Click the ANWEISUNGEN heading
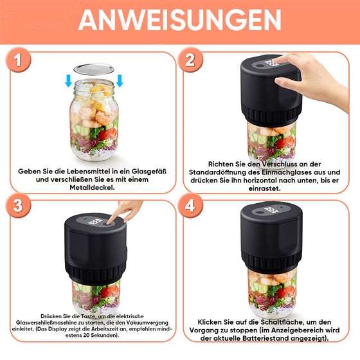tap(180, 20)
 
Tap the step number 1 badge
tap(18, 60)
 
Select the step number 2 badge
tap(190, 60)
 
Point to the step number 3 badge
tap(18, 206)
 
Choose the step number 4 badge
tap(190, 206)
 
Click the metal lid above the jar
tap(94, 69)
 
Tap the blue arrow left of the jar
tap(68, 80)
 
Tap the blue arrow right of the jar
tap(120, 80)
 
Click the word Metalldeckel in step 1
tap(92, 188)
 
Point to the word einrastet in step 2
tap(264, 188)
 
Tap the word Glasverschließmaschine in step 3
tap(46, 323)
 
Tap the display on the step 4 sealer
tap(271, 210)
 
